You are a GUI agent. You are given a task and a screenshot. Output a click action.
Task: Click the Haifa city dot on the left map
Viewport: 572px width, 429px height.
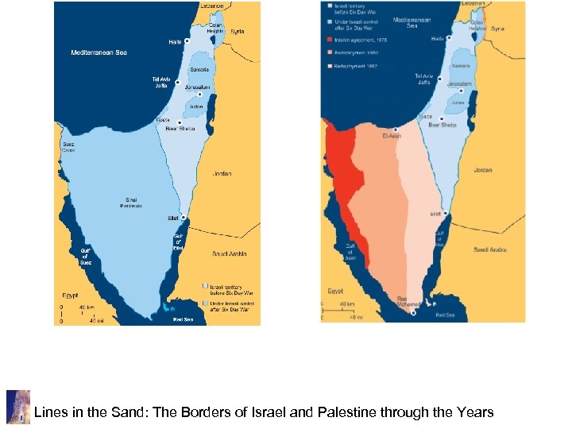coord(186,41)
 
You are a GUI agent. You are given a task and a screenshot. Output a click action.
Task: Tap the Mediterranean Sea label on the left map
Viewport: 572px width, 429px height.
coord(99,52)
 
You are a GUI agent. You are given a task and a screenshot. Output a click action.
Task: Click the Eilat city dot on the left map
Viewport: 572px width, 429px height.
coord(183,217)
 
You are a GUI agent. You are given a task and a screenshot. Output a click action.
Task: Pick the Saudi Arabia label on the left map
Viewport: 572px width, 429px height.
coord(230,254)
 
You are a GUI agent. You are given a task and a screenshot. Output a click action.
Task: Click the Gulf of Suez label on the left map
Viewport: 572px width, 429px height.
coord(85,255)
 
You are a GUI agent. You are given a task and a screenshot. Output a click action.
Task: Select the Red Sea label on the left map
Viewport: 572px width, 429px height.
coord(183,320)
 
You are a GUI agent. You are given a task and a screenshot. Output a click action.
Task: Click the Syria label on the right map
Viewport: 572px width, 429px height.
coord(497,29)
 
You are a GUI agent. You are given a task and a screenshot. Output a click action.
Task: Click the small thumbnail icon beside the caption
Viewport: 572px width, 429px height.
coord(17,407)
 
